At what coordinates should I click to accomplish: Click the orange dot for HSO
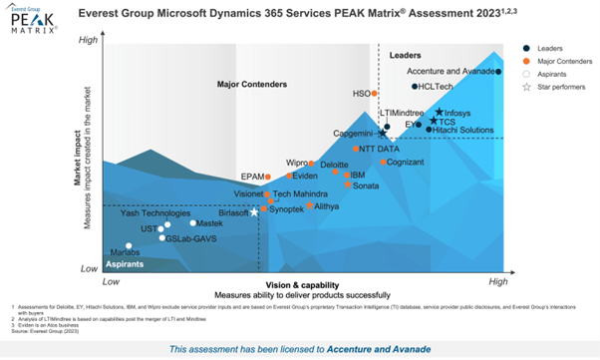pyautogui.click(x=375, y=94)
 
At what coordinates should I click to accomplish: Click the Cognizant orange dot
pyautogui.click(x=384, y=162)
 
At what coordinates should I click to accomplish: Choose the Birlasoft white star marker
pyautogui.click(x=254, y=212)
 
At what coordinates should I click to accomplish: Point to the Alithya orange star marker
pyautogui.click(x=310, y=205)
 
